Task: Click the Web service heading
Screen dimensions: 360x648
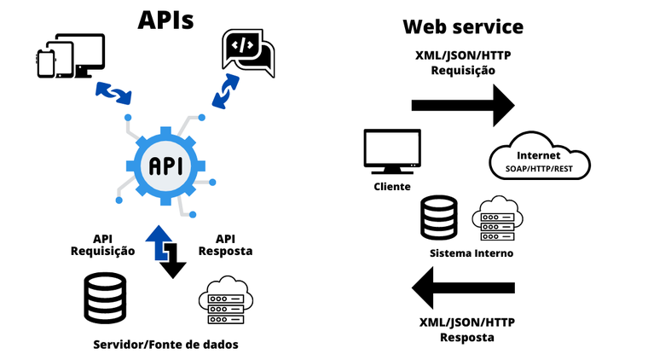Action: point(463,27)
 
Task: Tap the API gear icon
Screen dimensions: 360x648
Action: point(165,165)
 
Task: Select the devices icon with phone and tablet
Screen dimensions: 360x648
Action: point(70,56)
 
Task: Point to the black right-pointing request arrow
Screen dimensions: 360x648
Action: point(463,105)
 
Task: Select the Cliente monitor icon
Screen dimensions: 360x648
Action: point(391,150)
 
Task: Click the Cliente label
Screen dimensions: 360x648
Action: point(391,186)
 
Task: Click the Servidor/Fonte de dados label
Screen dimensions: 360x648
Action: point(165,344)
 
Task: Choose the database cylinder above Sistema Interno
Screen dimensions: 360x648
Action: point(438,218)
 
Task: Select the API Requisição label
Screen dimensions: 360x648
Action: point(103,245)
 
